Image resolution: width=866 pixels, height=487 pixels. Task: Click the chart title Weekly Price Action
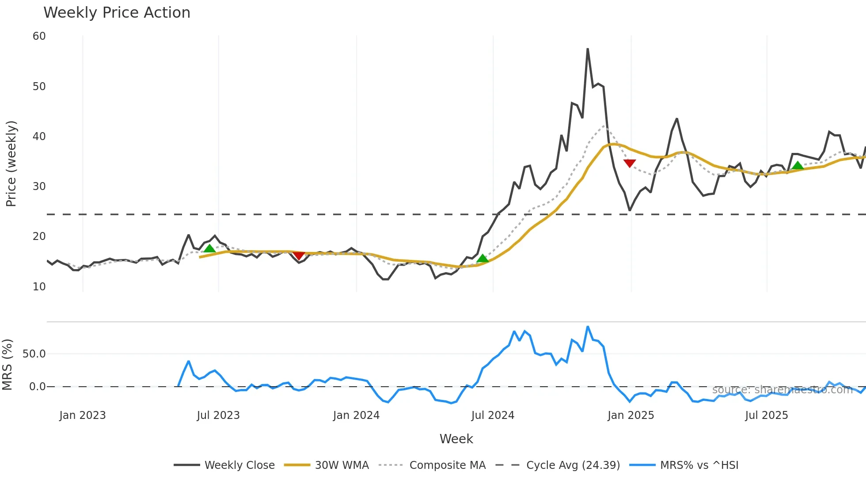117,13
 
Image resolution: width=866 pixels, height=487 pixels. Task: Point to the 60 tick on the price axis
39,36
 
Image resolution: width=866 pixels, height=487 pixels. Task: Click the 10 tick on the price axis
39,287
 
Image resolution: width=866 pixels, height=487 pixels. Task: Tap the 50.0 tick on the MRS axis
34,354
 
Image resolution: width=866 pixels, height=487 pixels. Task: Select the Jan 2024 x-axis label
356,415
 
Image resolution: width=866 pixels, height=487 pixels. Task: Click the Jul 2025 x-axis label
766,415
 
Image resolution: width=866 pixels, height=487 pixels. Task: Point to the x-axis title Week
456,439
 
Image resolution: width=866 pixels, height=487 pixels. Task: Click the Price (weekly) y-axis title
11,164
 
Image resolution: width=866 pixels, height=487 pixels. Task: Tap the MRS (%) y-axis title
8,365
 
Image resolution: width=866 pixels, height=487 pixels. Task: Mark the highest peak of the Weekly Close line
588,49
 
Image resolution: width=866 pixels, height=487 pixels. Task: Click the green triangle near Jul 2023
209,248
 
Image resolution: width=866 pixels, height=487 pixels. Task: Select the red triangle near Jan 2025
630,163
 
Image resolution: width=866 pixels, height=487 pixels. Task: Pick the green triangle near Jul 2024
482,258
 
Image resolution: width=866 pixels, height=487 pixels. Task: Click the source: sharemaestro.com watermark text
782,390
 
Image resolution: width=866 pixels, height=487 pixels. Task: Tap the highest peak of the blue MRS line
588,327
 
